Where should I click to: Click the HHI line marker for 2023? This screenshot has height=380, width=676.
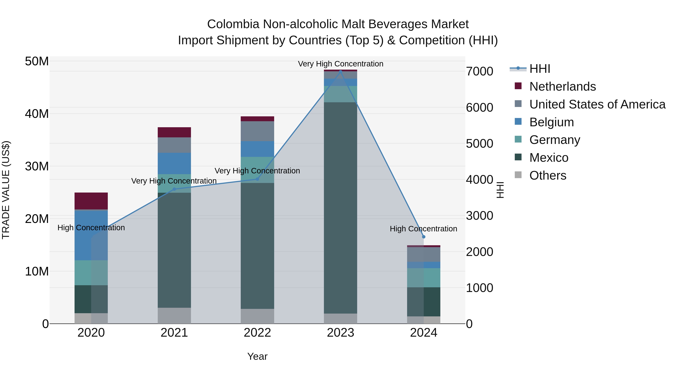coord(340,71)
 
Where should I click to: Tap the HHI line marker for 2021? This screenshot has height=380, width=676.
coord(174,189)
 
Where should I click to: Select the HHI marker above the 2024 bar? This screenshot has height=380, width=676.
coord(424,237)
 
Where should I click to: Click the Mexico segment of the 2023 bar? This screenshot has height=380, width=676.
coord(340,207)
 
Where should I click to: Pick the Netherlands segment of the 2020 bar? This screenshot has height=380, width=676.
coord(91,201)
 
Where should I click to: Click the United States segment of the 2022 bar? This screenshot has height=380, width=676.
coord(257,131)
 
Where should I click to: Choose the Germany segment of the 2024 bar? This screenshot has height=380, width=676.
coord(424,278)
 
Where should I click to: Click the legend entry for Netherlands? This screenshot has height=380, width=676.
coord(562,87)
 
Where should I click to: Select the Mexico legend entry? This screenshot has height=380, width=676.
coord(548,158)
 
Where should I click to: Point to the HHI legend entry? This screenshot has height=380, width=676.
coord(539,69)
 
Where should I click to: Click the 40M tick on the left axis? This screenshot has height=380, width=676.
coord(37,114)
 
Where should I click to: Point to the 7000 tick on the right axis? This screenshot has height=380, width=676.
coord(479,71)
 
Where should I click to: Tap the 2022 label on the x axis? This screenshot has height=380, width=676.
coord(257,333)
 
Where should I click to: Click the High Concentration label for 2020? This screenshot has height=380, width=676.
coord(91,228)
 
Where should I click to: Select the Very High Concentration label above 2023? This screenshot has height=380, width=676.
coord(340,64)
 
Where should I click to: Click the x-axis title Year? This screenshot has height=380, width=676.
coord(257,356)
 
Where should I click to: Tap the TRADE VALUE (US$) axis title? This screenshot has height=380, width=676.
coord(6,190)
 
